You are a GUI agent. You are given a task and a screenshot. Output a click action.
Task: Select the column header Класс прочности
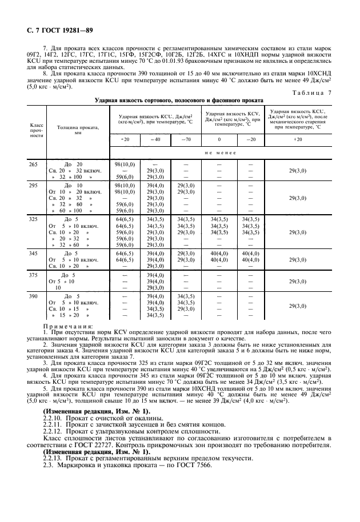(x=37, y=130)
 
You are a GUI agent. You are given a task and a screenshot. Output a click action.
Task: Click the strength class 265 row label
(x=33, y=164)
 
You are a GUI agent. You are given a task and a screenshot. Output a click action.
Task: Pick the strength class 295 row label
(x=33, y=186)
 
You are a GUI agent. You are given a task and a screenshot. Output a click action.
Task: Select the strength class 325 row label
(x=33, y=219)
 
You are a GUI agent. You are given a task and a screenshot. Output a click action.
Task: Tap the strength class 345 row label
(x=33, y=252)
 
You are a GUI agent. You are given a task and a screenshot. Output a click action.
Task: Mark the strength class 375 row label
(x=33, y=275)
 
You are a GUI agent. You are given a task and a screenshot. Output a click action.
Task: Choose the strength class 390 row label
(x=33, y=296)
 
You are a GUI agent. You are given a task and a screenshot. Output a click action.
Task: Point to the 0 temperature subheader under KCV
(x=219, y=139)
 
